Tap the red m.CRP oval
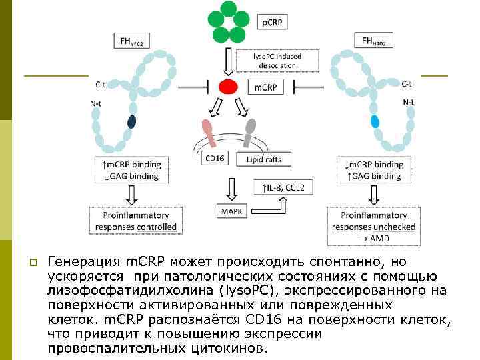[227, 87]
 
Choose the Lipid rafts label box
[265, 158]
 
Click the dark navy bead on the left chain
[131, 121]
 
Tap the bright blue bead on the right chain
[375, 121]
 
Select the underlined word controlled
[155, 227]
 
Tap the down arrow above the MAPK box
[231, 189]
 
